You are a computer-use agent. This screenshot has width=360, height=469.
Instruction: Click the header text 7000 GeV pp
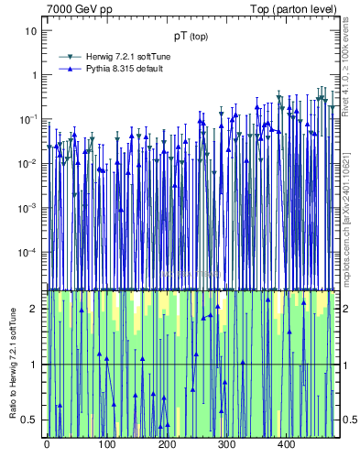pos(80,9)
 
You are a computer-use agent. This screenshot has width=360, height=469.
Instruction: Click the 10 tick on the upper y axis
pos(31,31)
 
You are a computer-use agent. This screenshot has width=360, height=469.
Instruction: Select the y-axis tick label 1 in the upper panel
pos(34,75)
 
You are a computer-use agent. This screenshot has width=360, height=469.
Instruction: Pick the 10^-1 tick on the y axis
pos(28,119)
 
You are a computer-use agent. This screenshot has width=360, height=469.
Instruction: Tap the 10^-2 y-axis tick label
pos(28,164)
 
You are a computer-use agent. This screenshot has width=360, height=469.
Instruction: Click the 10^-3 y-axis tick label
pos(28,208)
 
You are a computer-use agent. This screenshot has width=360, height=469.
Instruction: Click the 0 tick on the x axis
pos(47,445)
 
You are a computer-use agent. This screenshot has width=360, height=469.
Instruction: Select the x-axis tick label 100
pos(106,445)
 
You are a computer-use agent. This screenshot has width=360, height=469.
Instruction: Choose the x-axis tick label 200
pos(167,445)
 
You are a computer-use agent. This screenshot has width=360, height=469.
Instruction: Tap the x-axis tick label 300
pos(226,445)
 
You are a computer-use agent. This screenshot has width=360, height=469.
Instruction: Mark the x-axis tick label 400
pos(286,445)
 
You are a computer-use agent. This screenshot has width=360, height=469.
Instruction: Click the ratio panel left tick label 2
pos(35,309)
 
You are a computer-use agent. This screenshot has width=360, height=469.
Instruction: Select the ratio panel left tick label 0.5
pos(30,420)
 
